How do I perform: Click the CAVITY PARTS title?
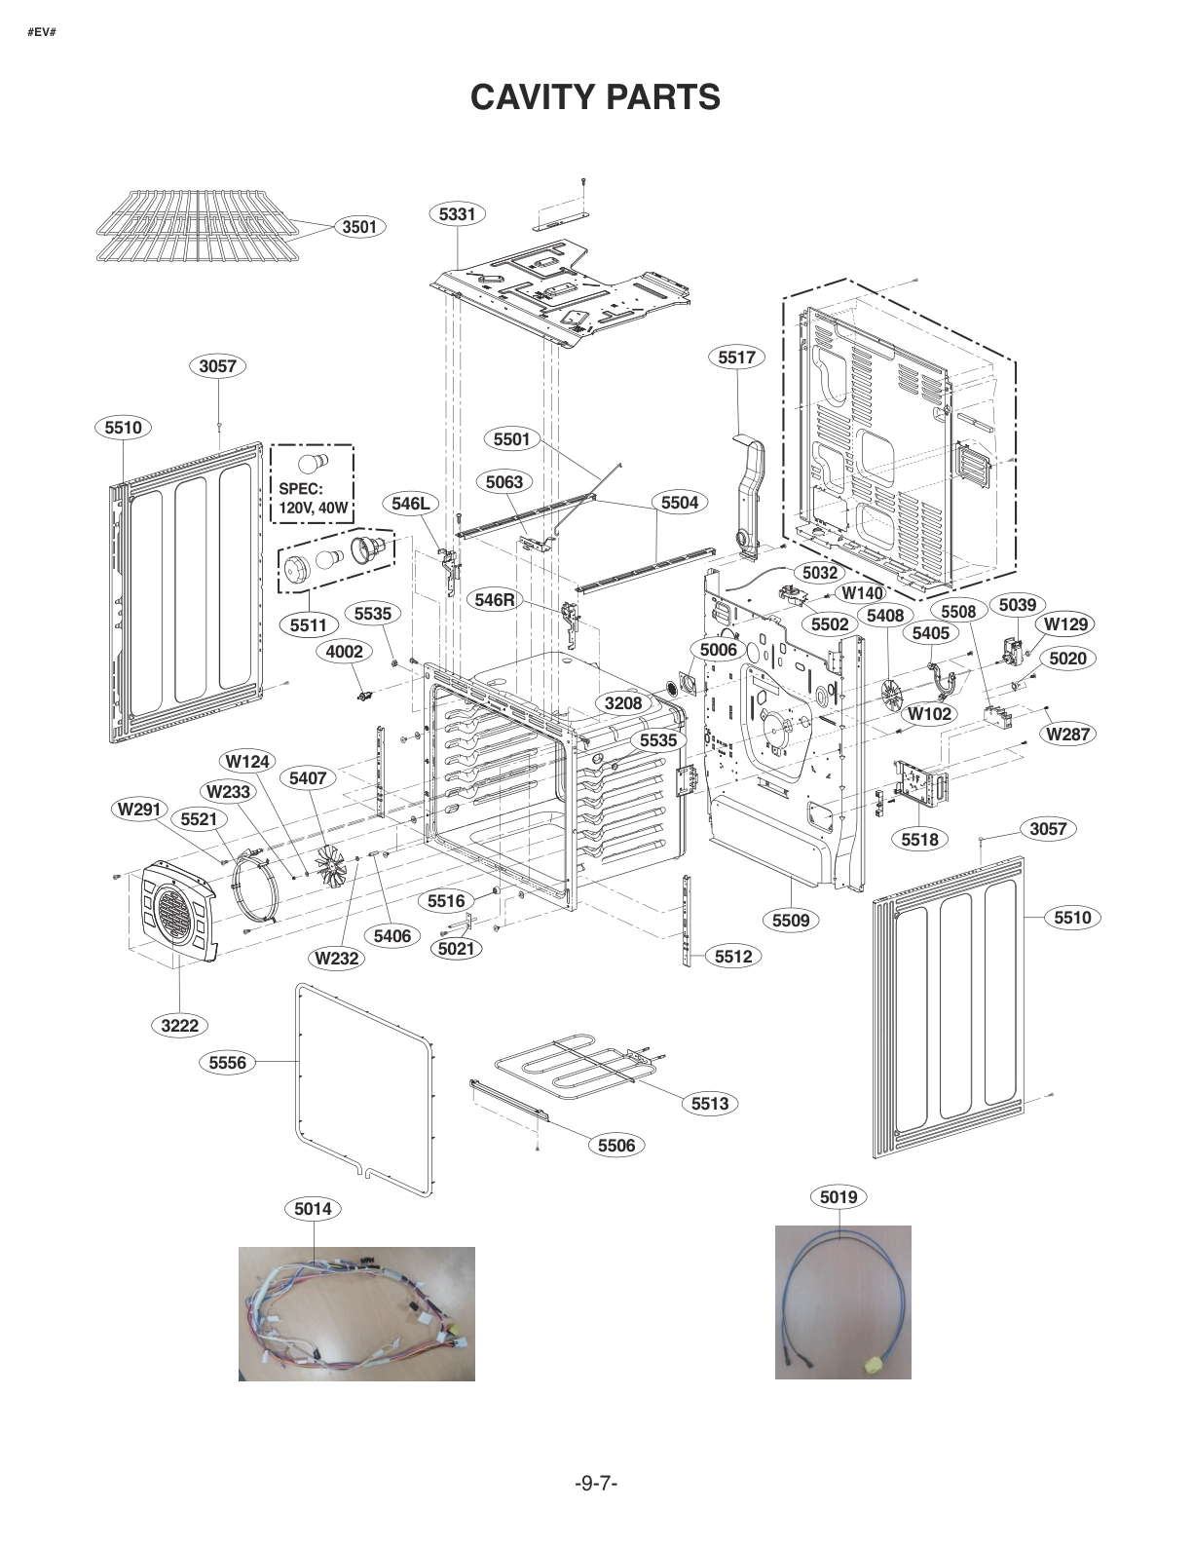(x=595, y=97)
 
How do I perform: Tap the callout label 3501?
(x=358, y=227)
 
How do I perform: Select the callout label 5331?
(x=457, y=213)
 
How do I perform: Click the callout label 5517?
(x=736, y=358)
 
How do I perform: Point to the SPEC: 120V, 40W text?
(x=312, y=498)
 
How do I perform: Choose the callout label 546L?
(x=410, y=504)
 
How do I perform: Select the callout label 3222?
(x=180, y=1025)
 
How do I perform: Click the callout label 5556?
(x=228, y=1063)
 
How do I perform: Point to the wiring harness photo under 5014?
(x=356, y=1313)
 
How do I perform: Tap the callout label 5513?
(x=710, y=1103)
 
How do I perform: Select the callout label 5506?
(x=616, y=1146)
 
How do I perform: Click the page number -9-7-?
(x=596, y=1483)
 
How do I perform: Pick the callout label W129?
(x=1065, y=624)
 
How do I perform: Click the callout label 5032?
(x=820, y=573)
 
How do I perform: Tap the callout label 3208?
(x=623, y=703)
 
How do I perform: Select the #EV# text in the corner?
(x=42, y=32)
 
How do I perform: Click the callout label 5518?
(x=919, y=839)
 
